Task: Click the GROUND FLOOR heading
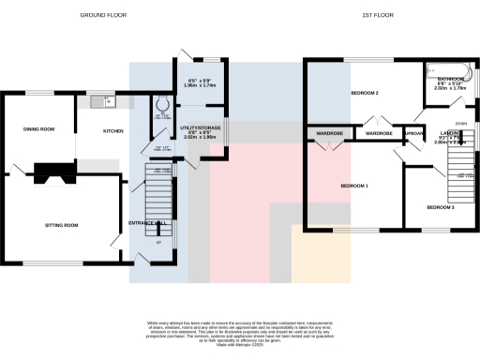[103, 16]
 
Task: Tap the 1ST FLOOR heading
[376, 16]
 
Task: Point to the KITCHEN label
[114, 130]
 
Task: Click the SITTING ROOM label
[61, 225]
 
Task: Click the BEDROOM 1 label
[353, 186]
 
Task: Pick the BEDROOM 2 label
[365, 94]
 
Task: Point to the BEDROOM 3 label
[440, 206]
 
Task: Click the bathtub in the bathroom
[448, 68]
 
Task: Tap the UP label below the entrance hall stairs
[157, 246]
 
